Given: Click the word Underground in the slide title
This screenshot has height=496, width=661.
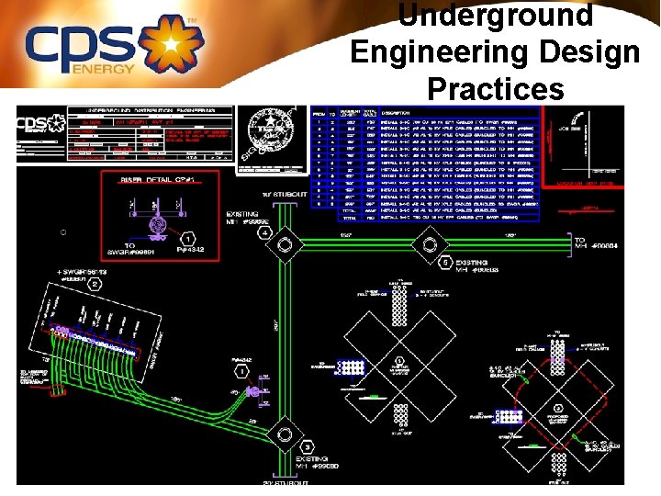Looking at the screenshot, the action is (496, 16).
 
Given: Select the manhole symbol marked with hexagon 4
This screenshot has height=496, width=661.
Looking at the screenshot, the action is (284, 246).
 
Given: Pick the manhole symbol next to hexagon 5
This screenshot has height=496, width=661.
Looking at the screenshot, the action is (428, 245).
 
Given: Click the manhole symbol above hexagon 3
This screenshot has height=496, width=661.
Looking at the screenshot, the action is (285, 434).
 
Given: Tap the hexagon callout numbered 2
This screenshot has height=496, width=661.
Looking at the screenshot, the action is (95, 285).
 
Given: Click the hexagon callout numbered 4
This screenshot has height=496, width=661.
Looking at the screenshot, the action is (264, 233).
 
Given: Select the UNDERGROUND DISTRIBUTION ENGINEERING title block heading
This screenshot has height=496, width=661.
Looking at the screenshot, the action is (155, 110).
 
